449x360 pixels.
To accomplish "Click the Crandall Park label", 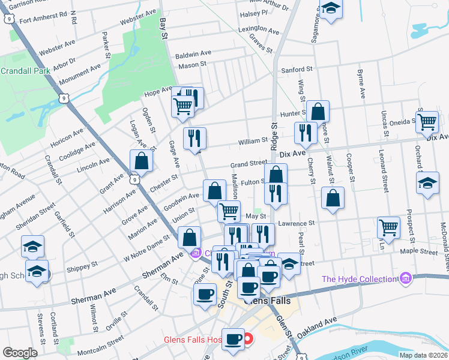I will pos(25,70).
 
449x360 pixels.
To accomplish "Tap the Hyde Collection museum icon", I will pos(406,278).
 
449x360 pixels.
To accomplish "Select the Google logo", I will pos(20,353).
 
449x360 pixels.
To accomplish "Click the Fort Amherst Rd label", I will pos(40,20).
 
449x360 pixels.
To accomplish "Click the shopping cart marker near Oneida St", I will pos(427,121).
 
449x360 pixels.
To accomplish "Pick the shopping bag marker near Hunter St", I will pos(318,111).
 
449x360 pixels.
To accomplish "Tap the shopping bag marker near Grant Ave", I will pos(141,161).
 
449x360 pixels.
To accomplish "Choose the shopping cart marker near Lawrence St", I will pos(389,227).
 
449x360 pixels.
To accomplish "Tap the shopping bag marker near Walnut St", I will pos(333,198).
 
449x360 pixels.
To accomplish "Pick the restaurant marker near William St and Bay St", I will pos(194,138).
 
